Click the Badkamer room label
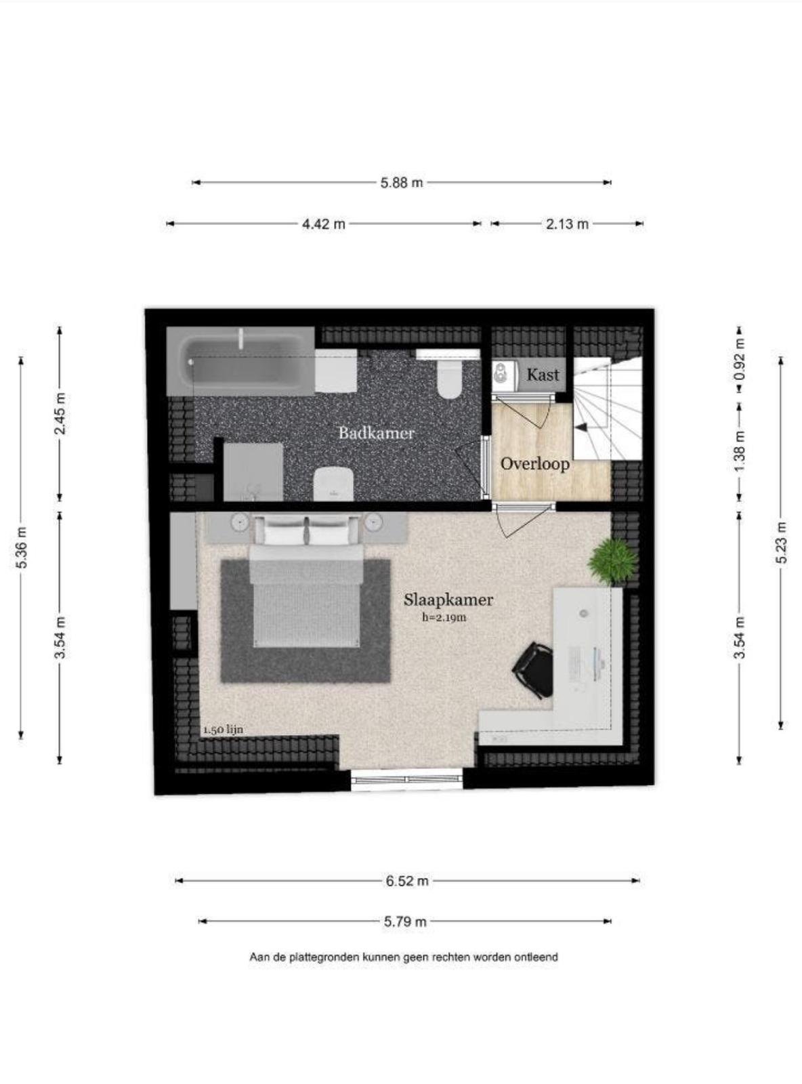[377, 433]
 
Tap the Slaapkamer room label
[448, 600]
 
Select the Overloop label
[535, 464]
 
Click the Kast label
[543, 375]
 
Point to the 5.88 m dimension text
[402, 183]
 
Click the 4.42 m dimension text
[324, 224]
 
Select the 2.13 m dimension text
[567, 224]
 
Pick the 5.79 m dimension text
[405, 922]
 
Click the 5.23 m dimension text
[782, 543]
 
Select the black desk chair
[532, 669]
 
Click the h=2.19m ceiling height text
[444, 618]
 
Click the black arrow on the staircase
[581, 427]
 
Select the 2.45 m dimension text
[60, 413]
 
